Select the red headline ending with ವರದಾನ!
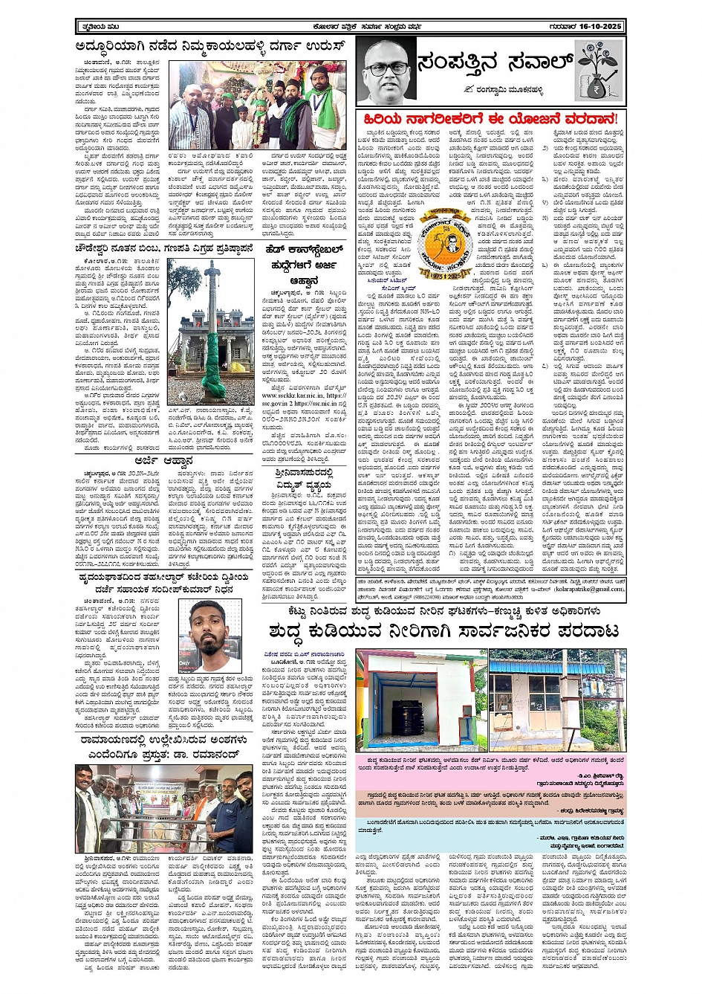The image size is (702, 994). point(490,119)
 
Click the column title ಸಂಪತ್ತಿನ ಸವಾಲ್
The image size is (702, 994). point(495,63)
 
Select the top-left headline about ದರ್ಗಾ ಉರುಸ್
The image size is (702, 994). point(212,46)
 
